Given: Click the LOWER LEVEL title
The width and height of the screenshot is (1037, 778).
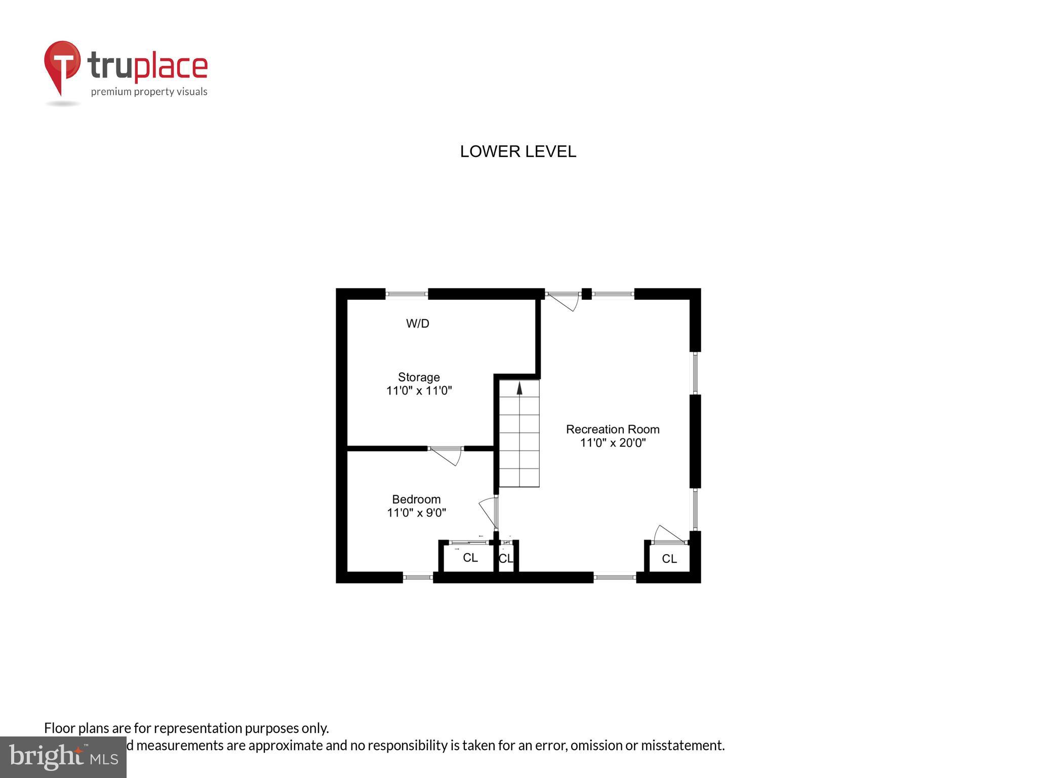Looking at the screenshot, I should coord(517,151).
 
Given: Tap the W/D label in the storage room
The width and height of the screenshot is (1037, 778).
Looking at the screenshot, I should coord(418,324).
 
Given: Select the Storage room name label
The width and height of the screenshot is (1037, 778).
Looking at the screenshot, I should coord(419,377).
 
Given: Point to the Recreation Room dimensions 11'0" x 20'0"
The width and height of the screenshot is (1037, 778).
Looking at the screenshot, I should coord(613,443).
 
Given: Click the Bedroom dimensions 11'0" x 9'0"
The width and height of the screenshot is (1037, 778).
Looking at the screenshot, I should coord(416,513).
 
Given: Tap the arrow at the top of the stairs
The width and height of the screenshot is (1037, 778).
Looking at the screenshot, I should coord(519,388).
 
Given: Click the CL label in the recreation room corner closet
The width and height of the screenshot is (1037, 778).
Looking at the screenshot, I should coord(669,559).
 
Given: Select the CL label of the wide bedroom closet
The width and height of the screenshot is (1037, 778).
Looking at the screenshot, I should coord(470,558).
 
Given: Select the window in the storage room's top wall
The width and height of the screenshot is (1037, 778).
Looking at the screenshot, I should coord(407,294).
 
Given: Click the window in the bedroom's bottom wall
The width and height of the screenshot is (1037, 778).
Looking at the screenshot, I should coord(418,576).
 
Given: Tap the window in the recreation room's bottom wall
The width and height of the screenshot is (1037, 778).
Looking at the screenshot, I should coord(614,576).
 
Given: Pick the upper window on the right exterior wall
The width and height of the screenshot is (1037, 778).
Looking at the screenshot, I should coord(695,373).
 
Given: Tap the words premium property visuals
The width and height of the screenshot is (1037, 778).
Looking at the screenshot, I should coord(149,92).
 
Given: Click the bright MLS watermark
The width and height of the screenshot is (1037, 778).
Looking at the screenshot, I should coord(63,757).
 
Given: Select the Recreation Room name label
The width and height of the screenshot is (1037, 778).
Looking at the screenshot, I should coord(613,430).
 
